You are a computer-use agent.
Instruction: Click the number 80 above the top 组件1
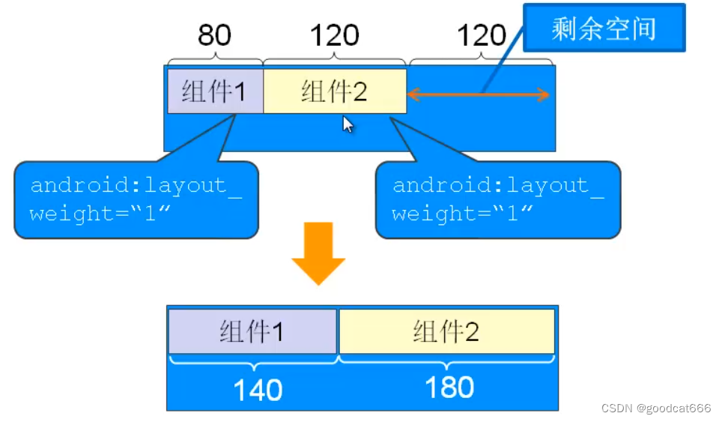pos(214,35)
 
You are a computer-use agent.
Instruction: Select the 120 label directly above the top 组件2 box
pos(334,35)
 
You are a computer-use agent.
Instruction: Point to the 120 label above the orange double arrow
pos(482,35)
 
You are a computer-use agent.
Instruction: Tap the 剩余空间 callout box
pos(604,28)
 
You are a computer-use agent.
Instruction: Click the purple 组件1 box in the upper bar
pos(215,91)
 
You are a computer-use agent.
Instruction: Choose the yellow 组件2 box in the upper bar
pos(334,91)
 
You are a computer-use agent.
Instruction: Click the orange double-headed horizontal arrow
pos(479,94)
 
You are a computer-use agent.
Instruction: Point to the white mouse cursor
pos(348,124)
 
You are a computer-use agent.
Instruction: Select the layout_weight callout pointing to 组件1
pos(136,199)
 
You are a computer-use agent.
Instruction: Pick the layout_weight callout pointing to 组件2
pos(498,199)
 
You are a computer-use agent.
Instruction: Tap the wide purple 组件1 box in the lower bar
pos(252,331)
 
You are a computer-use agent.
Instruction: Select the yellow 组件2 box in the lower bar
pos(446,331)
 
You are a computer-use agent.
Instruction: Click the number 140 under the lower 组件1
pos(258,390)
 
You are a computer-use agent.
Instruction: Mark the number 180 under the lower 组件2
pos(449,388)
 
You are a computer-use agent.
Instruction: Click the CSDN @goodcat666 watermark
pos(656,408)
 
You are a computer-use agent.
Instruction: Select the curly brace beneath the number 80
pos(215,60)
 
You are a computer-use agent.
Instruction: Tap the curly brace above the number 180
pos(447,361)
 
